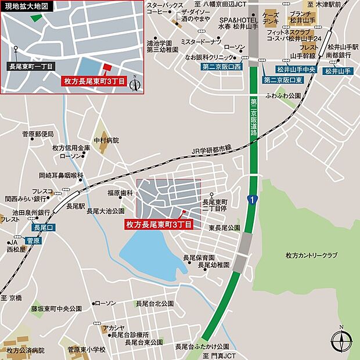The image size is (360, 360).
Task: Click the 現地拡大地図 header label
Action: tap(27, 7)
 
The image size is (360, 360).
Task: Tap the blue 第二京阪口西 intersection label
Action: tap(221, 67)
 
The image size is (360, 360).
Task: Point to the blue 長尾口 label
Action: tap(44, 228)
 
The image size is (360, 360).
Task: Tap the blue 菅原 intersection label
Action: tap(33, 239)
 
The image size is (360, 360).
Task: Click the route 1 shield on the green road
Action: tap(250, 200)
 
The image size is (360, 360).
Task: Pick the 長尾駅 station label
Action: tap(76, 206)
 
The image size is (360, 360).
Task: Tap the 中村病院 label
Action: tap(107, 140)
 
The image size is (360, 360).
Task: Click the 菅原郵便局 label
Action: tap(38, 134)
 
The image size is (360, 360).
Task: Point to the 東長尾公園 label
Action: tap(224, 228)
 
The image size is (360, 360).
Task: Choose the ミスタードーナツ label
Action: tap(201, 42)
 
